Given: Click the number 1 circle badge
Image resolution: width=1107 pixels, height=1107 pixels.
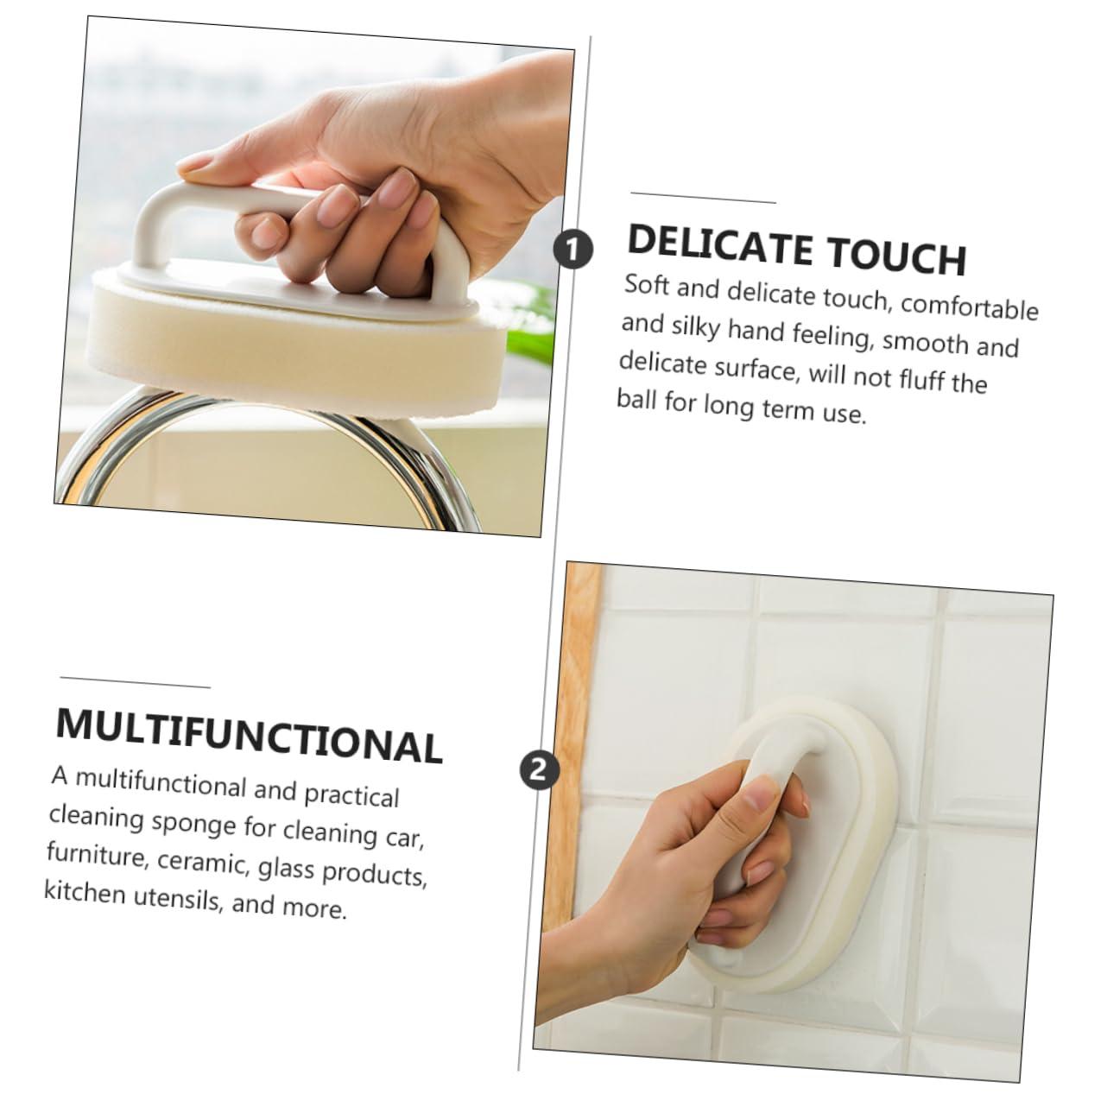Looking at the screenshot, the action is click(x=572, y=250).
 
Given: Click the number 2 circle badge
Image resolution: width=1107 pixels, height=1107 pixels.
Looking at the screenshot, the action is click(x=540, y=769).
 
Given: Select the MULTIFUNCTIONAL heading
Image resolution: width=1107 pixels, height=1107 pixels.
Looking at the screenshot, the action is click(x=249, y=736).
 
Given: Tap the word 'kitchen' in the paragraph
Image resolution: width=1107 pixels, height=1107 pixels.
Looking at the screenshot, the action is click(x=85, y=893).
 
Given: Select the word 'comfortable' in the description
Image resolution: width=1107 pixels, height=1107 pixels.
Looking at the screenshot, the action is click(x=969, y=306).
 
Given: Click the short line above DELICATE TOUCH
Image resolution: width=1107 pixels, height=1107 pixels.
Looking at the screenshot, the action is click(x=703, y=198).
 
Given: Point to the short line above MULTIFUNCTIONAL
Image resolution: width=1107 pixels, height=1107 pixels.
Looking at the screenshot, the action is click(x=135, y=681).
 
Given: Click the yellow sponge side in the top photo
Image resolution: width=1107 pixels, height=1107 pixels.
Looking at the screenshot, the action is click(x=275, y=345).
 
